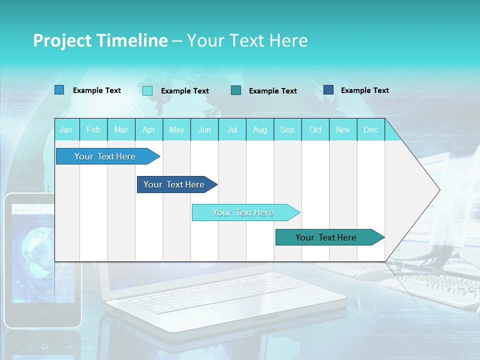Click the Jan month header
(66, 129)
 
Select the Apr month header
(148, 129)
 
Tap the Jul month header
(232, 129)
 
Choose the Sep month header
(287, 129)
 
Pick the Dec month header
(370, 129)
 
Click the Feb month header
(93, 129)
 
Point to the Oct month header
(315, 129)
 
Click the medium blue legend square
(59, 90)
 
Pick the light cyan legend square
(147, 90)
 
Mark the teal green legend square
(236, 90)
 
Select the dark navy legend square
(328, 90)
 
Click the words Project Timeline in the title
(100, 40)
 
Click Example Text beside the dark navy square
(364, 90)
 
